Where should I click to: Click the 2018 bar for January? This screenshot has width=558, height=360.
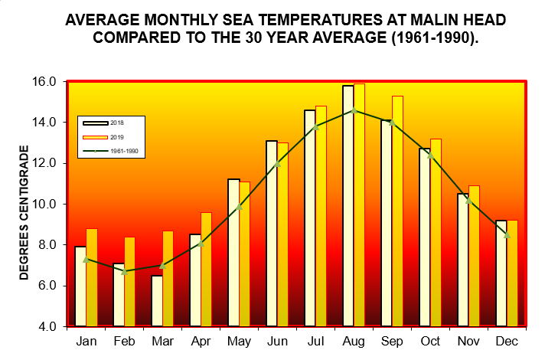(x=80, y=286)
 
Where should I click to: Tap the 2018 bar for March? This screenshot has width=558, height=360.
(x=156, y=301)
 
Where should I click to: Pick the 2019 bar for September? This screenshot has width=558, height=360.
(x=397, y=211)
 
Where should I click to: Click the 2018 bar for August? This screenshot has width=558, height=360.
(x=348, y=206)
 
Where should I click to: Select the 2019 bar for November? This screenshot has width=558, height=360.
(x=474, y=256)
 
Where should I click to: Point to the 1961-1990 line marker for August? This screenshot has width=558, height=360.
(x=354, y=110)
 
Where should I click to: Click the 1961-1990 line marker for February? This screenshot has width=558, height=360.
(x=124, y=271)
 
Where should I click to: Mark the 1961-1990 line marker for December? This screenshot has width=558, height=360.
(x=507, y=234)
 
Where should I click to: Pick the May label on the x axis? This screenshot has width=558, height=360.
(x=239, y=341)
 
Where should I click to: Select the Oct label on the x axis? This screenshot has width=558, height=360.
(x=430, y=341)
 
